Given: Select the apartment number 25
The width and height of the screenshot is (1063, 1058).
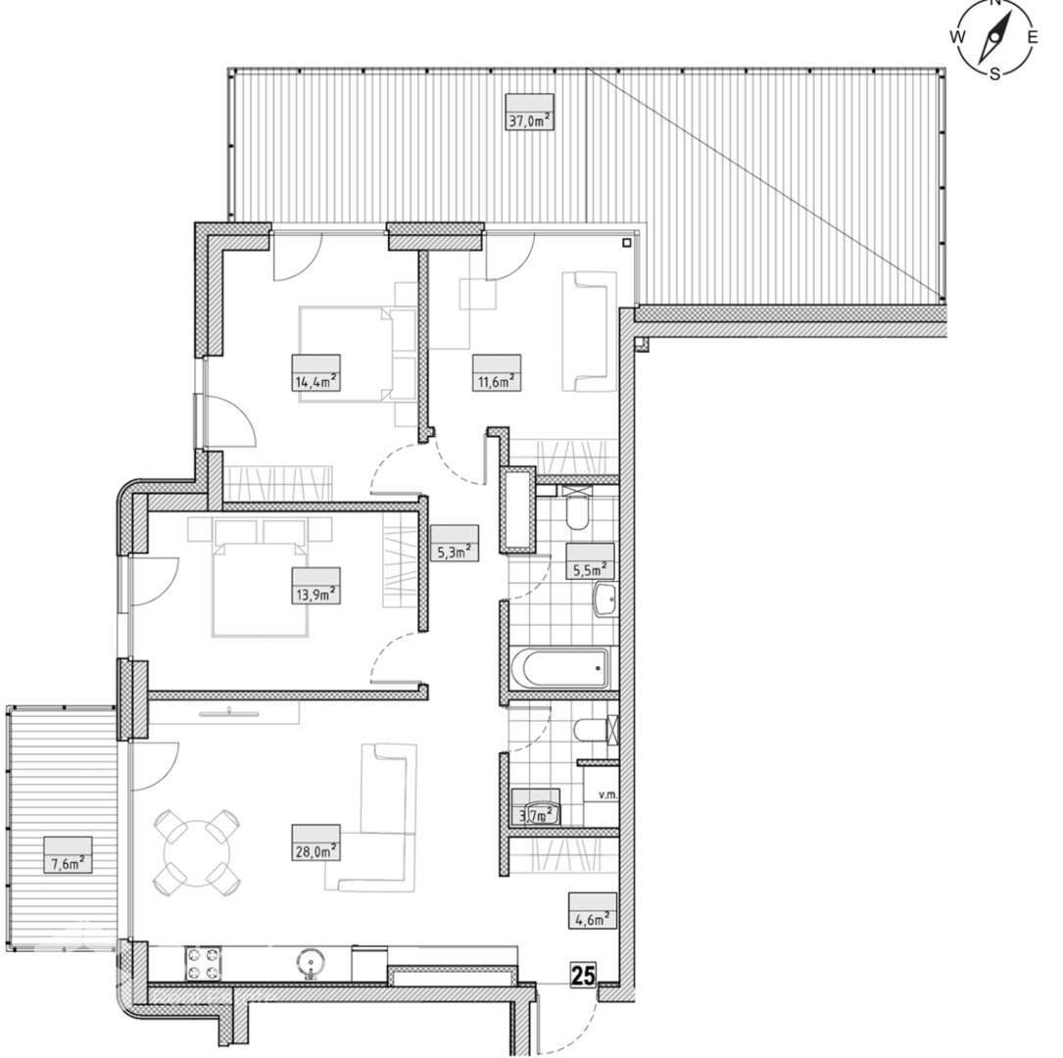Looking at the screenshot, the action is tap(583, 976).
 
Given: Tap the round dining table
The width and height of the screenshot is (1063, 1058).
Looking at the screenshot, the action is tap(197, 850).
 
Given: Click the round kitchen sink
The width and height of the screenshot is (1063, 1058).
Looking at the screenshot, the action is tap(311, 962).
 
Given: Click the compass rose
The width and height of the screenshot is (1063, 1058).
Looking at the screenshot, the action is tap(995, 38).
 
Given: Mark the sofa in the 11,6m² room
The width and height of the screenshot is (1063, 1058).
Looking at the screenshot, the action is tap(589, 331).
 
